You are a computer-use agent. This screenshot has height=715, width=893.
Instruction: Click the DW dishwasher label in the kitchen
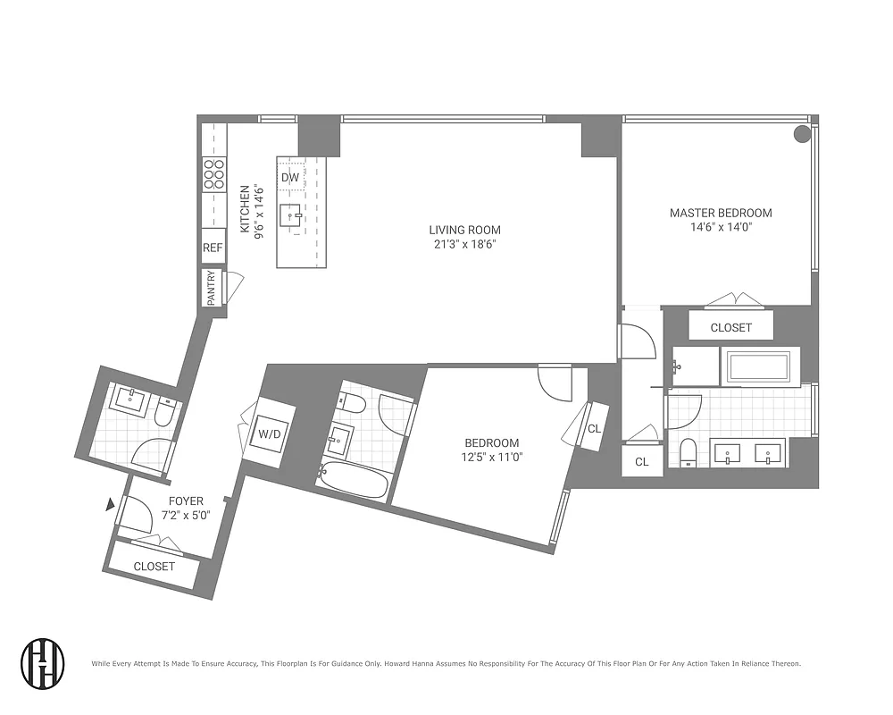tap(289, 177)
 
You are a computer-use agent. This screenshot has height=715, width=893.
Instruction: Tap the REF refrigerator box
tap(213, 248)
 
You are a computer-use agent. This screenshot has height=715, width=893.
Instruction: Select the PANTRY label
tap(212, 288)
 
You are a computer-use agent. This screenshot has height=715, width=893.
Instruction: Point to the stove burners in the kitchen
tap(213, 173)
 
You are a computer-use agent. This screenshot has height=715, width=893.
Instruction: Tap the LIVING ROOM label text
tap(464, 230)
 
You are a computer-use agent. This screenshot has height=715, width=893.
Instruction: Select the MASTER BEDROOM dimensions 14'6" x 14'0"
tap(721, 227)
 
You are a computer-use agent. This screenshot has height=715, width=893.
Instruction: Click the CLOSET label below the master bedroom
tap(730, 328)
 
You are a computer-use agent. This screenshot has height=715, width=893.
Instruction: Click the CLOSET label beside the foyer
tap(154, 567)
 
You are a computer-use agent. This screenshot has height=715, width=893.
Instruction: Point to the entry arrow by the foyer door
tap(111, 506)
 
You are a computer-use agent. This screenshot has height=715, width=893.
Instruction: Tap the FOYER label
tap(186, 501)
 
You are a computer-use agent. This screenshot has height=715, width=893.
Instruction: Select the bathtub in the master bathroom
tap(758, 366)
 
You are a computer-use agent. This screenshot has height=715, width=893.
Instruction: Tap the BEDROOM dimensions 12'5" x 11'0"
tap(491, 457)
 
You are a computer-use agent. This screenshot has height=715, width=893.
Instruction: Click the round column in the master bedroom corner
tap(802, 134)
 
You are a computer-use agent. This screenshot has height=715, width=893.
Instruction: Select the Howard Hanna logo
tap(43, 663)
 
